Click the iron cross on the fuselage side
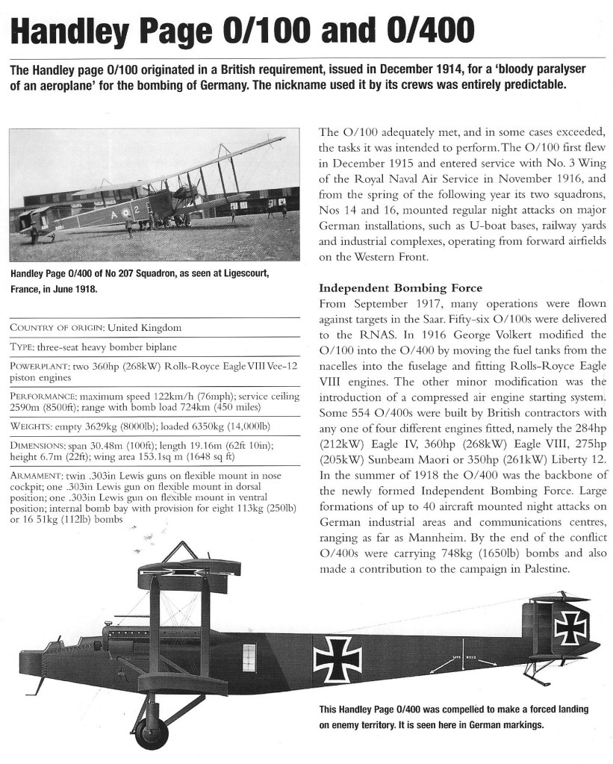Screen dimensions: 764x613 point(337,659)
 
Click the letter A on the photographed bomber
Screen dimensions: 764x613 point(115,212)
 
